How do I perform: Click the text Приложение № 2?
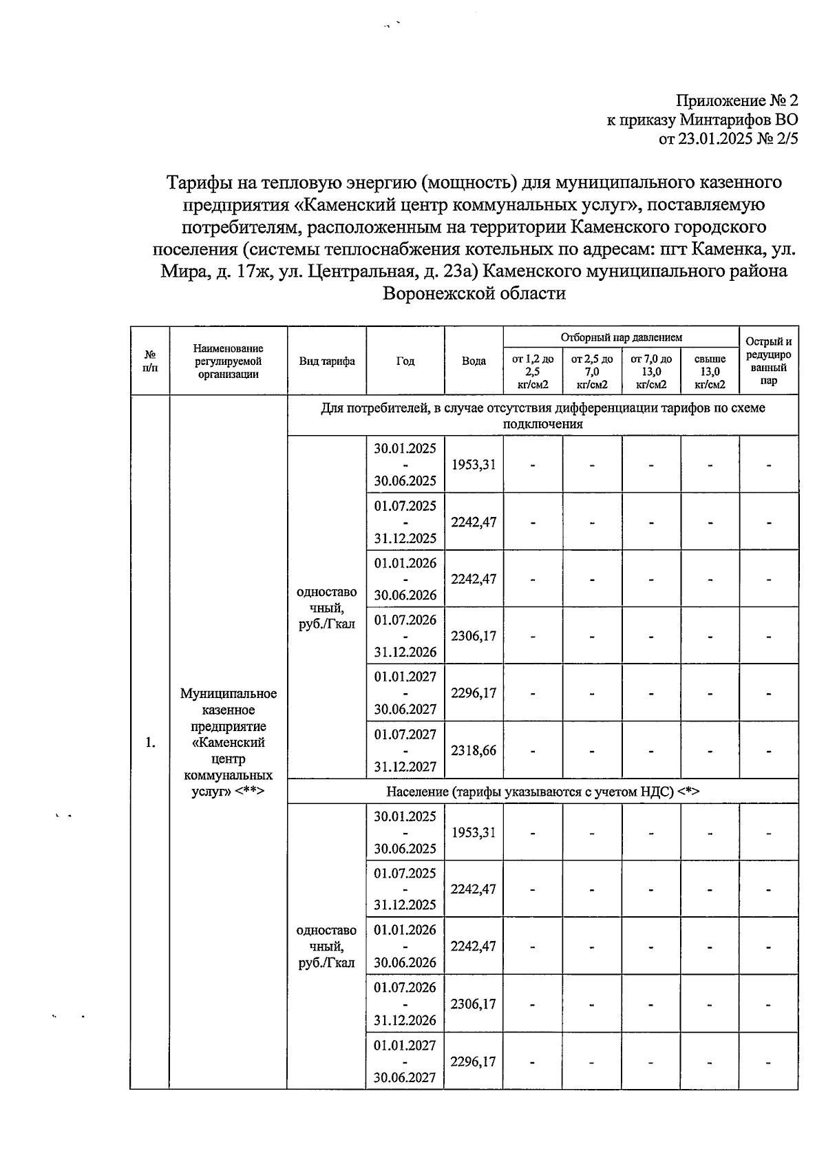737,101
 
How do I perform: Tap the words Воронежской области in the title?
474,294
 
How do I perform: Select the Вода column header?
474,361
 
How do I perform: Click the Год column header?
405,361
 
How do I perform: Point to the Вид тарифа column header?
327,361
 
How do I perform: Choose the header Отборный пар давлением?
621,337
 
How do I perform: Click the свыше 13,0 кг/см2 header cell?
710,372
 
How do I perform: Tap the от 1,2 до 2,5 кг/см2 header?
533,372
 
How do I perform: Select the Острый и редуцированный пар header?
769,361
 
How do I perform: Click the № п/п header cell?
150,361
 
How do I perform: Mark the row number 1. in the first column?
150,743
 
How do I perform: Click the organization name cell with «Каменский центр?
229,743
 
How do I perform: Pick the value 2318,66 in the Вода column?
474,750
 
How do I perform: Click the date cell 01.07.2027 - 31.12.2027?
405,750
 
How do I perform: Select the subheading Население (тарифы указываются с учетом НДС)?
542,792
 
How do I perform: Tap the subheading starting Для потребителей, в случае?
542,416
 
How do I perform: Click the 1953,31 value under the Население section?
474,832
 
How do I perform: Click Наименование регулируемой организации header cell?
229,361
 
